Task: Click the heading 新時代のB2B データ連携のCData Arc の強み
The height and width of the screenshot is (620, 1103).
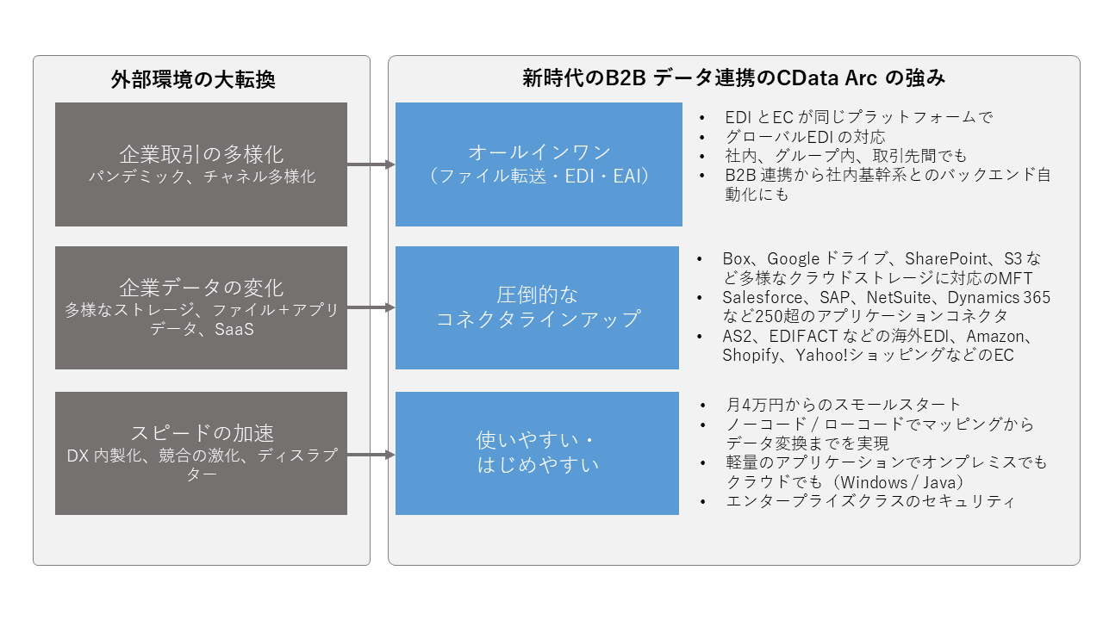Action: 733,78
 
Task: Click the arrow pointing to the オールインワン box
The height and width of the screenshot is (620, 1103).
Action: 371,164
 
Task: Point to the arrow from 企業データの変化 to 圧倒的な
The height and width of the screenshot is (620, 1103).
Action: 371,307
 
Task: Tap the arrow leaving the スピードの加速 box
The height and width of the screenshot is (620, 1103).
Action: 371,455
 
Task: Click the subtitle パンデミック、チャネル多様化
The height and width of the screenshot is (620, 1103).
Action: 202,177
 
